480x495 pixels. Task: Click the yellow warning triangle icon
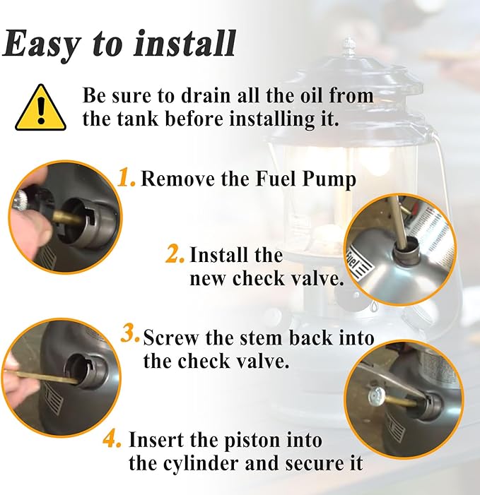[40, 108]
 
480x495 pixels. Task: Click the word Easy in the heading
[42, 44]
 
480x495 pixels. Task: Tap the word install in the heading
[185, 42]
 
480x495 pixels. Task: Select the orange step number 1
[126, 178]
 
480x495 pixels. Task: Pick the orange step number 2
[175, 254]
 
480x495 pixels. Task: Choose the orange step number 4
[112, 439]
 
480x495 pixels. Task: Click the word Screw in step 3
[172, 338]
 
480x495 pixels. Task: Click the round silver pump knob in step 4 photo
[376, 395]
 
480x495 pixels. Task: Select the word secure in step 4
[312, 464]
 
